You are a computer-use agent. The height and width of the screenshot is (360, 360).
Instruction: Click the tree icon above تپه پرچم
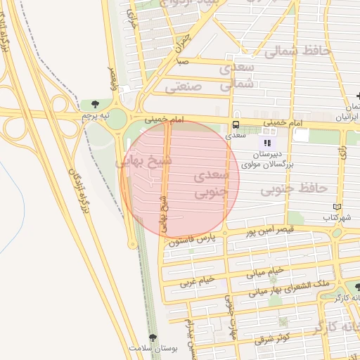tap(95, 104)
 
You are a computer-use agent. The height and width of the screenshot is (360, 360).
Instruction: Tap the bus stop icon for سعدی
tap(232, 125)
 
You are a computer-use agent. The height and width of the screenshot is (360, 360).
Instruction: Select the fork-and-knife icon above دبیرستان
tap(266, 142)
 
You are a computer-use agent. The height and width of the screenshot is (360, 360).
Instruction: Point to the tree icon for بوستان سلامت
tap(153, 338)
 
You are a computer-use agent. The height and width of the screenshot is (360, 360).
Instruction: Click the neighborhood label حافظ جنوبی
tap(293, 188)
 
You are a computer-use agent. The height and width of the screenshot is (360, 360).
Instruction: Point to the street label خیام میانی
tap(265, 271)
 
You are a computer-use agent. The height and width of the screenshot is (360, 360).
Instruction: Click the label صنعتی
tap(184, 89)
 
